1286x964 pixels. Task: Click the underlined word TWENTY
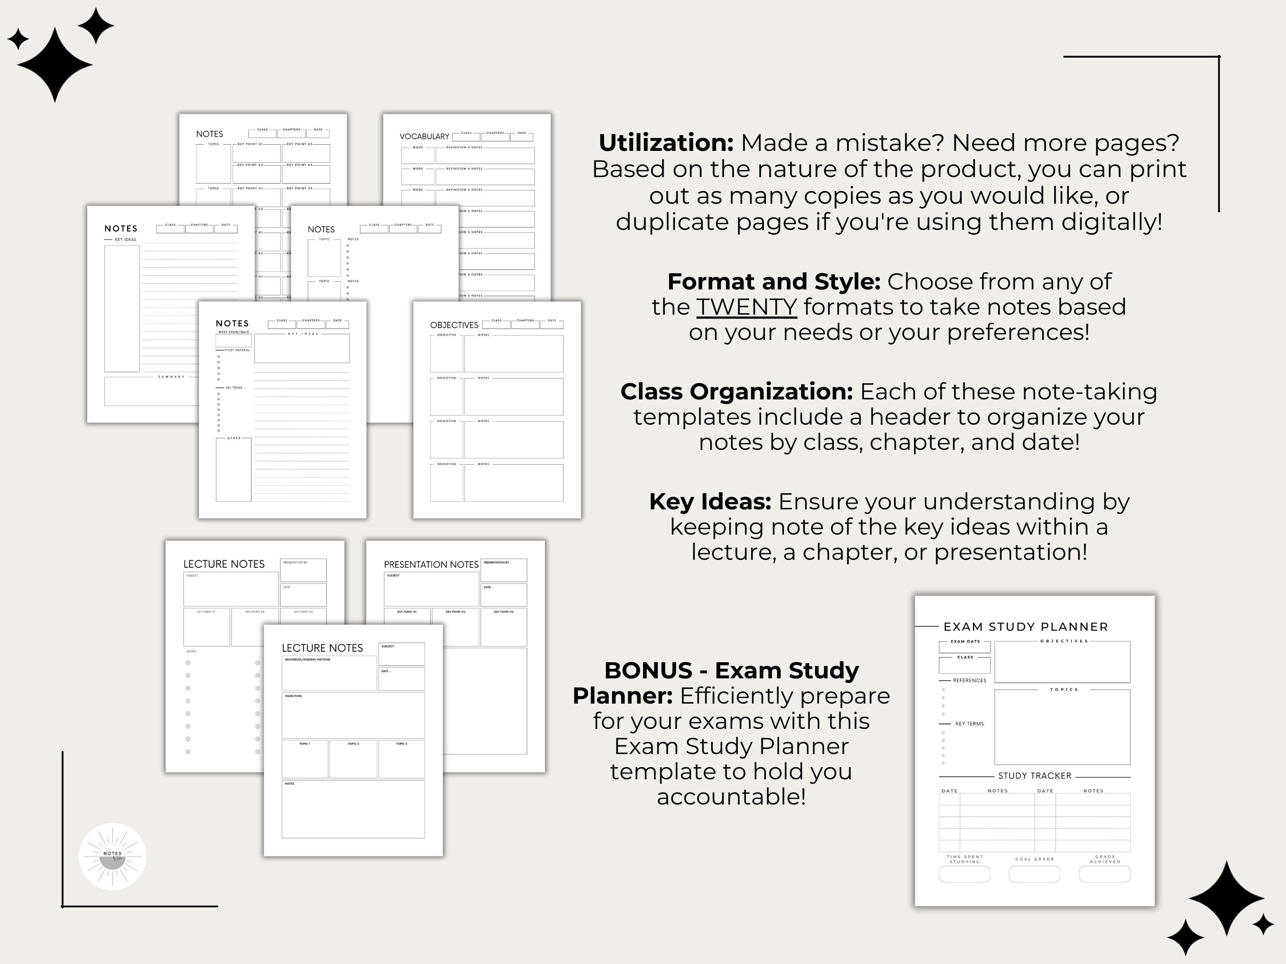(746, 307)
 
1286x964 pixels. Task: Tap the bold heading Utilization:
(666, 143)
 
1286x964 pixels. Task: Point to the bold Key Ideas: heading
(710, 501)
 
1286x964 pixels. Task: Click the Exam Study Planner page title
(1025, 627)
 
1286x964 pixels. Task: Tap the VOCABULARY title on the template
(424, 137)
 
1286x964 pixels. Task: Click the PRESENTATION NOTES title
(431, 564)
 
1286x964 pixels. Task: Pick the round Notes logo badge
(112, 856)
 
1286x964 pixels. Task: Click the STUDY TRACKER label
(1034, 776)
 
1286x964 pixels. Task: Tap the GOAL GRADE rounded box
(1034, 874)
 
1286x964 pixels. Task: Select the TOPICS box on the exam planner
(1062, 727)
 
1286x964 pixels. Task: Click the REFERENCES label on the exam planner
(969, 680)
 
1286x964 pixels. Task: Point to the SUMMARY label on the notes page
(171, 377)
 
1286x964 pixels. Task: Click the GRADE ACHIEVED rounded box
(1105, 874)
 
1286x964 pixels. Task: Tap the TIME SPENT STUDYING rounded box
(964, 874)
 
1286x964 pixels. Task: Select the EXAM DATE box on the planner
(964, 647)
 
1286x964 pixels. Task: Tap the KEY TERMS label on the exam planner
(969, 724)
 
